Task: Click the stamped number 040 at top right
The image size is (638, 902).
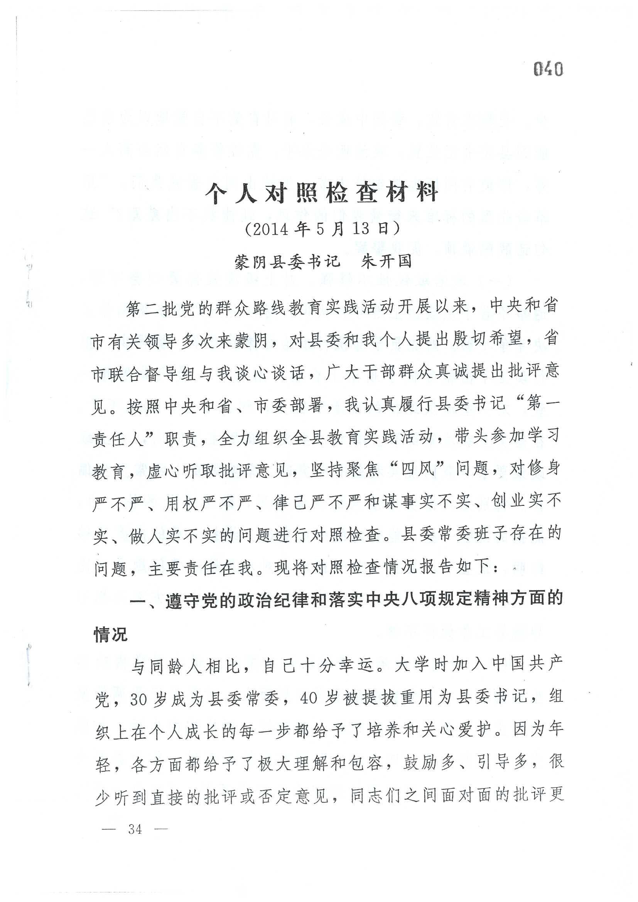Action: pos(548,69)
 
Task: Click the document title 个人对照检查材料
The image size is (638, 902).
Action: pos(321,193)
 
